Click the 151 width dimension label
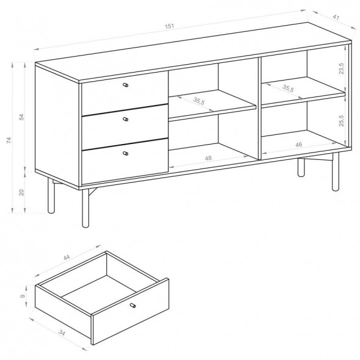click(170, 26)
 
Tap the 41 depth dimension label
click(336, 18)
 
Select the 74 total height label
click(9, 140)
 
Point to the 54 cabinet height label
click(21, 117)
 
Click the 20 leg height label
click(21, 192)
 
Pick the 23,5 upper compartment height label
click(342, 68)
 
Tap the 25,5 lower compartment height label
click(342, 121)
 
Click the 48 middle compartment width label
click(208, 158)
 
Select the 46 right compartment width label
click(299, 145)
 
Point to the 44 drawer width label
click(67, 257)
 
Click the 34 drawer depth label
click(62, 332)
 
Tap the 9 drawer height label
click(23, 296)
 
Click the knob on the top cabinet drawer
click(125, 85)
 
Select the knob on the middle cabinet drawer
click(125, 119)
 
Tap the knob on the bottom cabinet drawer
click(125, 153)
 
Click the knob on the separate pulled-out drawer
click(132, 305)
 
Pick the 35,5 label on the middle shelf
click(198, 101)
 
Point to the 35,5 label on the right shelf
click(288, 88)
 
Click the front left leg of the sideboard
click(85, 208)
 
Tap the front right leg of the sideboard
click(336, 171)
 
